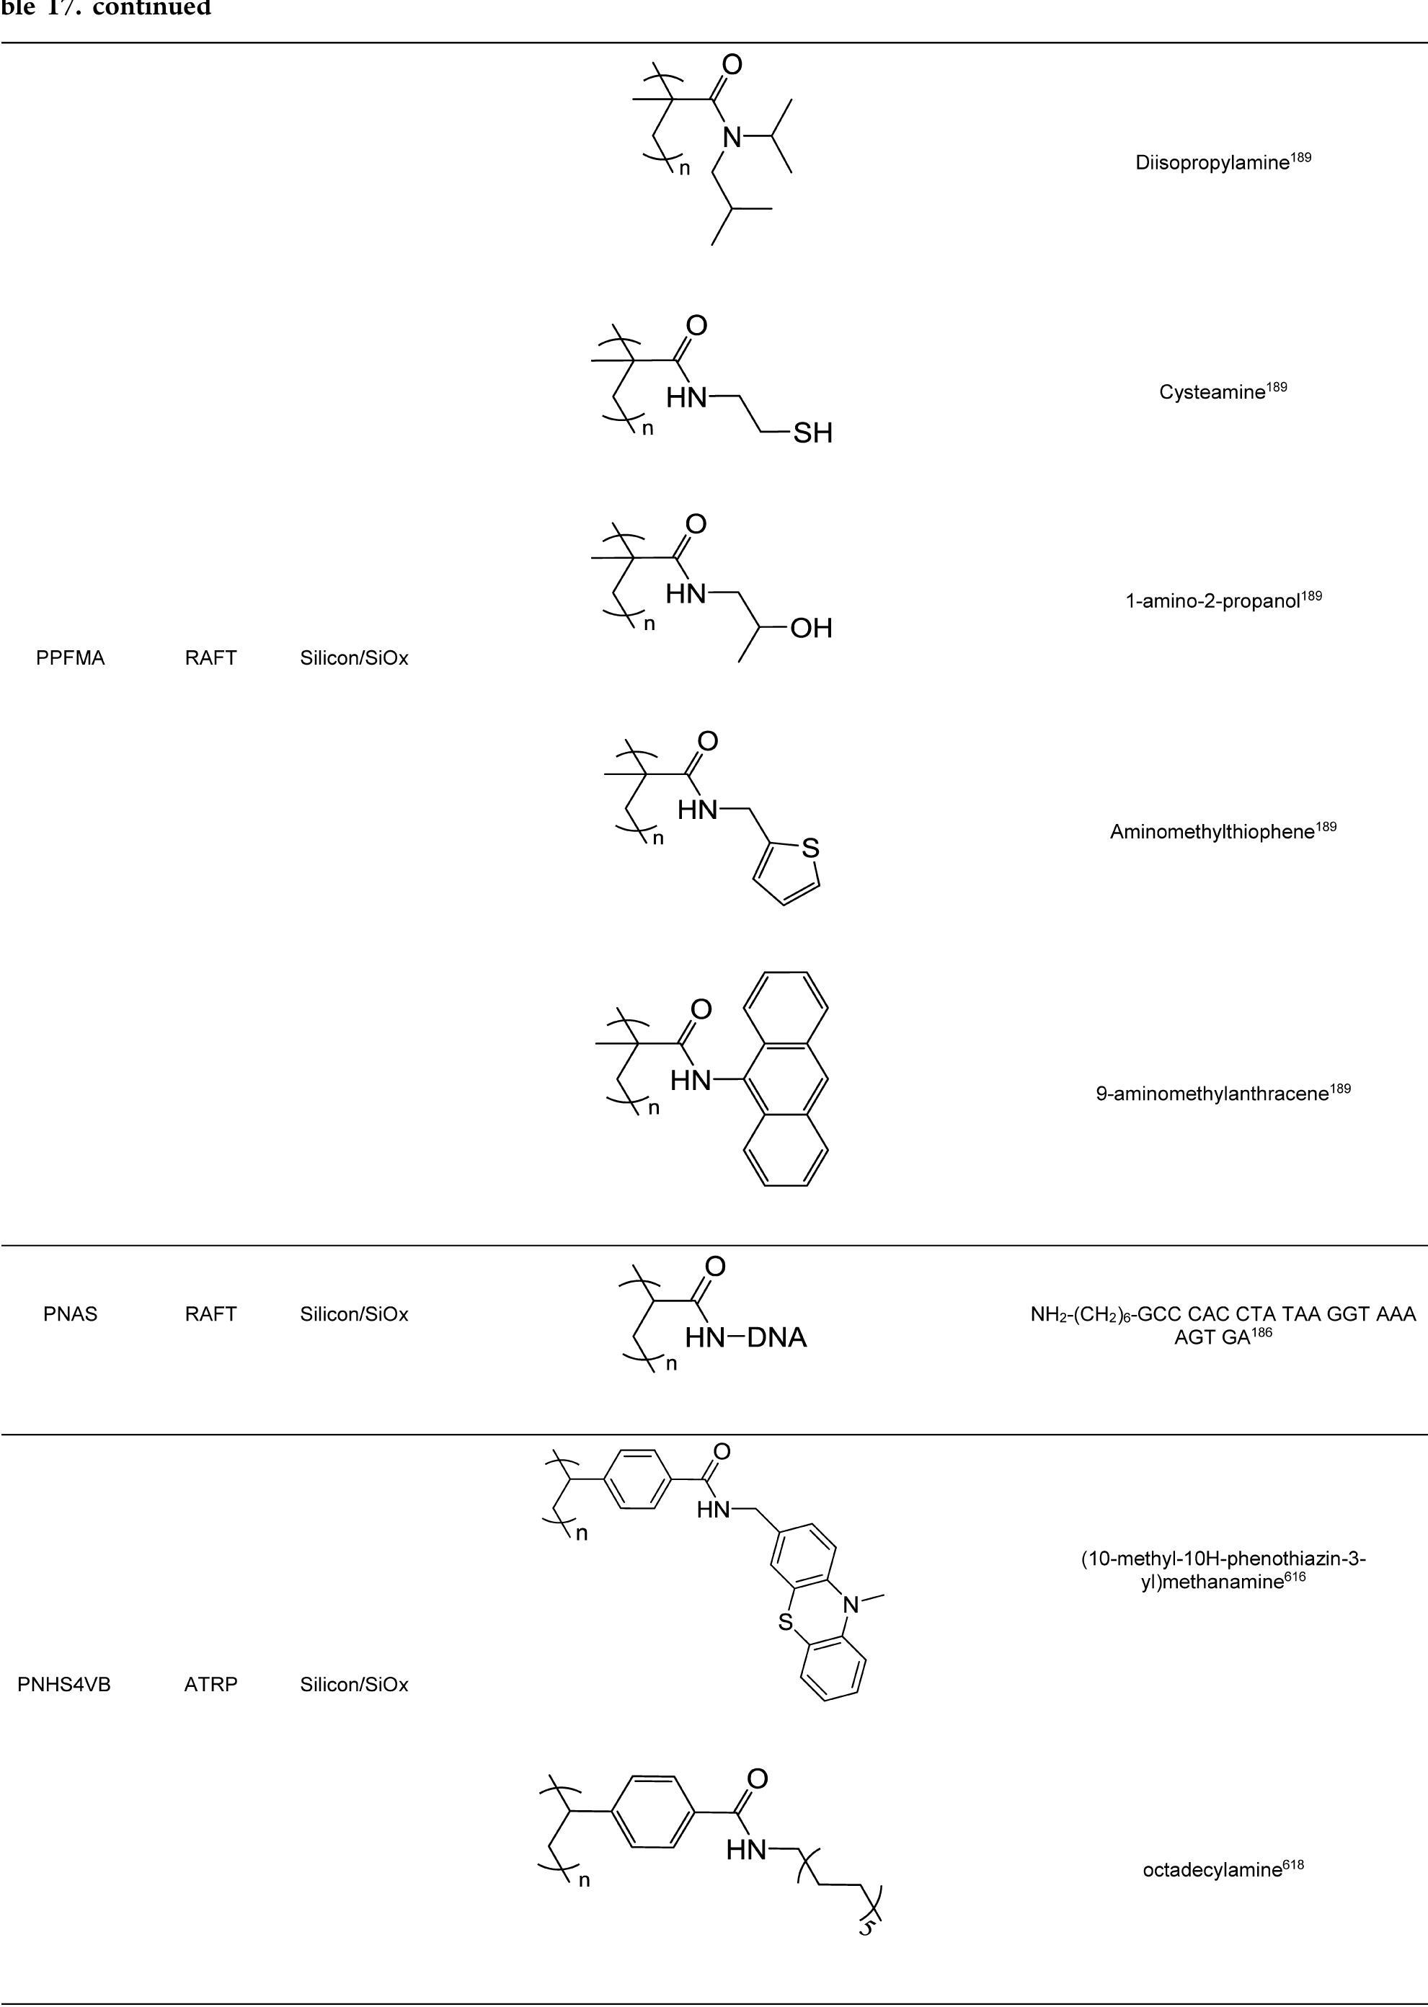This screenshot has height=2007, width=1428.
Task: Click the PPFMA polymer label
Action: click(x=71, y=658)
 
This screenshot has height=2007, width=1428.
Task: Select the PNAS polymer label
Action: click(x=71, y=1314)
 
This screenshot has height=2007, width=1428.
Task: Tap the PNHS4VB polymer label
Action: click(x=64, y=1684)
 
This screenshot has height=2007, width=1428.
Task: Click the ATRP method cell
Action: click(x=211, y=1684)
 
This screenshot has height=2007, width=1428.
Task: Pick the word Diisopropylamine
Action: click(x=1212, y=163)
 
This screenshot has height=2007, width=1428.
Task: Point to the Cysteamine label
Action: click(x=1212, y=392)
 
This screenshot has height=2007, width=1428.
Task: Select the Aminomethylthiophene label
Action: click(x=1212, y=832)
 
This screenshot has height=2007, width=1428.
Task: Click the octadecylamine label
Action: click(x=1212, y=1870)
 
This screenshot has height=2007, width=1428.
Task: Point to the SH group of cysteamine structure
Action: click(x=812, y=433)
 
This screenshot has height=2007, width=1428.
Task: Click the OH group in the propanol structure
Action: click(x=811, y=628)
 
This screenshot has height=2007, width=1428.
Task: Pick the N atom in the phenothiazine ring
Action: click(x=851, y=1604)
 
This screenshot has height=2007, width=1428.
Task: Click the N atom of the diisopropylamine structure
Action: click(x=732, y=136)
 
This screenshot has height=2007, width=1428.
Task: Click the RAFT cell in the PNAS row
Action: click(x=211, y=1314)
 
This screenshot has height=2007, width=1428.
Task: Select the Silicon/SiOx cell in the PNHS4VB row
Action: click(x=355, y=1684)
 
